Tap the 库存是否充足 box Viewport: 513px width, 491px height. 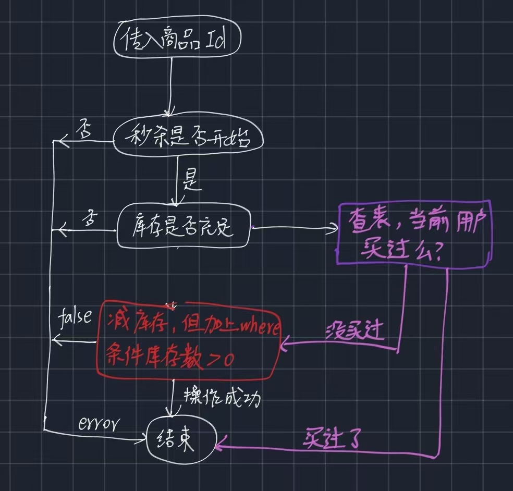[184, 228]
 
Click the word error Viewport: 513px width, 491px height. [99, 423]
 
